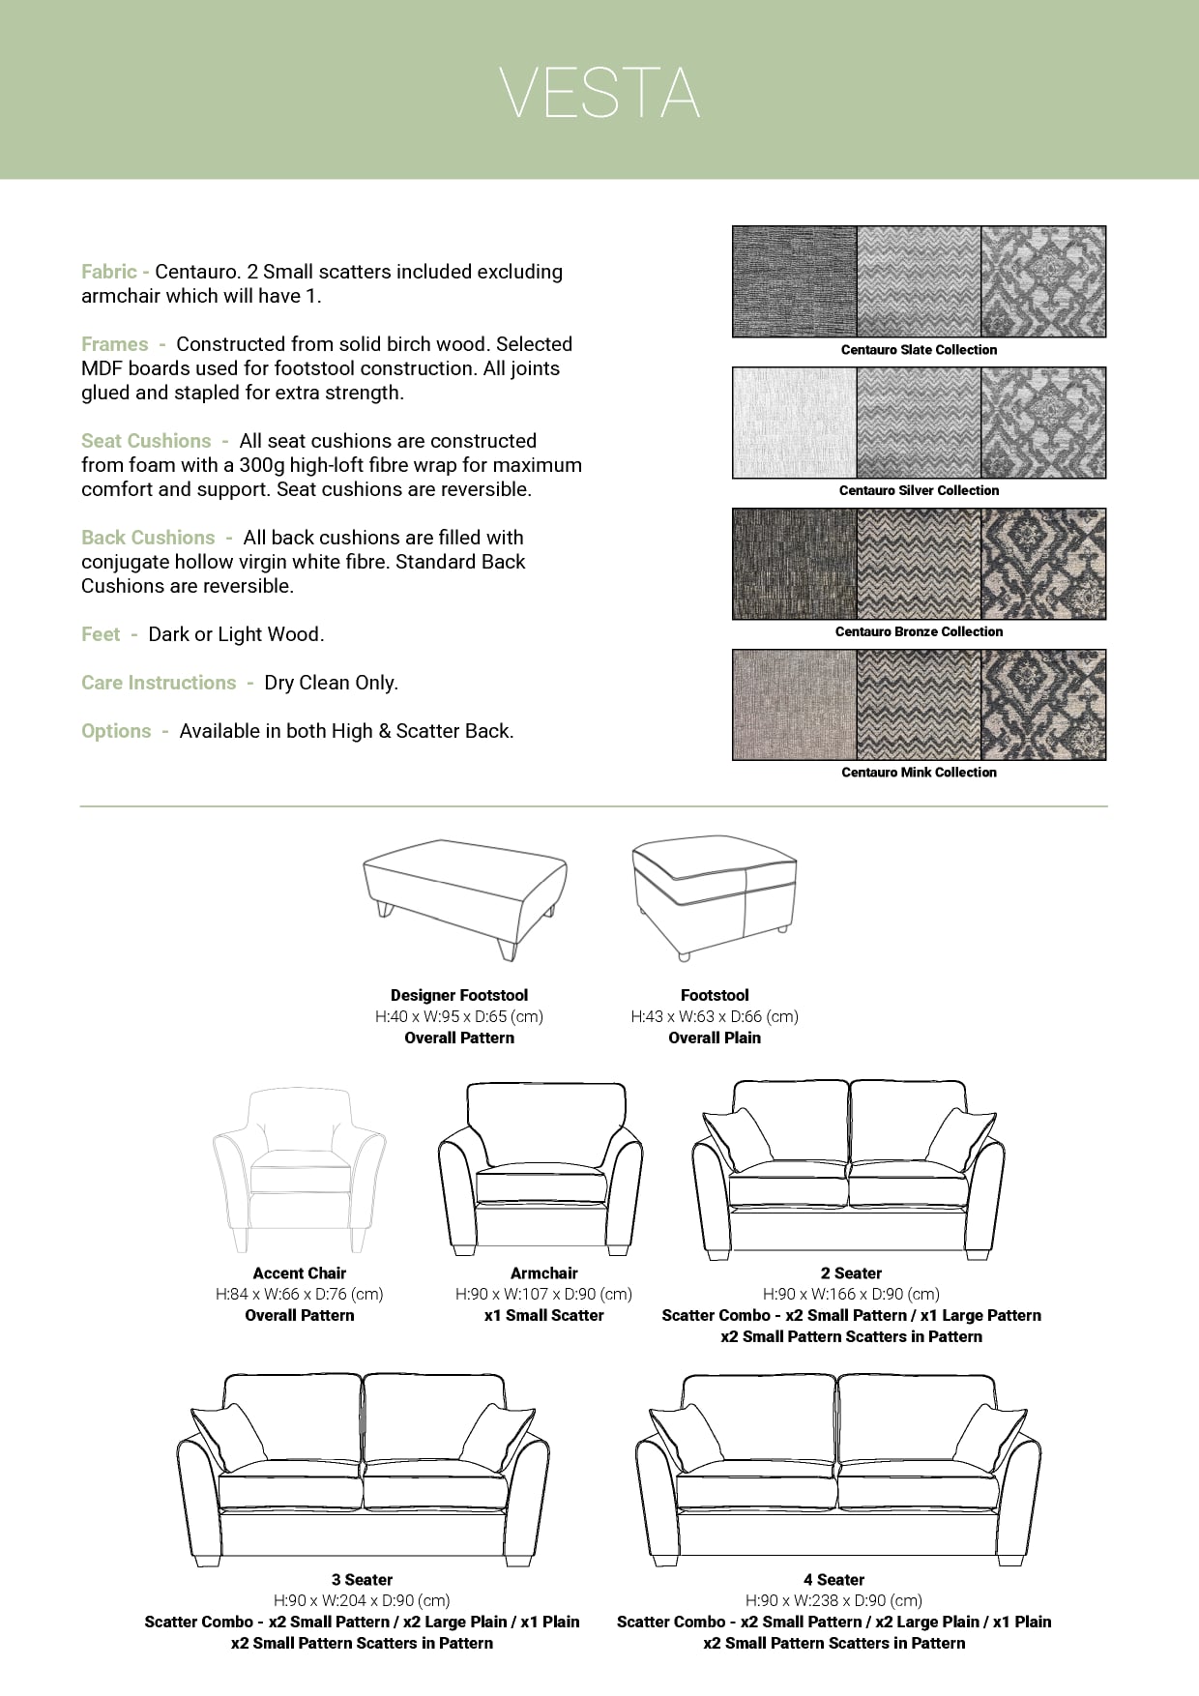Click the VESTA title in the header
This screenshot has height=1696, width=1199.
599,93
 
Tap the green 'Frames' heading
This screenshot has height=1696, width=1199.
115,344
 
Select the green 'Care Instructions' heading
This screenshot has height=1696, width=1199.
159,683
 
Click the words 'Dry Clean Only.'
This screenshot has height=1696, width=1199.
331,683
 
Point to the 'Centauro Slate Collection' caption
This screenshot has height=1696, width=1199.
919,350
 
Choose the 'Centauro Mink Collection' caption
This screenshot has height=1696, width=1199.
919,773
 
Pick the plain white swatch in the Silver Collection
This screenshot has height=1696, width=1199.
795,423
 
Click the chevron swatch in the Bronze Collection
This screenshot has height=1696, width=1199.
919,564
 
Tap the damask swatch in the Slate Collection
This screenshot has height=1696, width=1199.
1043,281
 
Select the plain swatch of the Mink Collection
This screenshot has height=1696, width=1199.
795,705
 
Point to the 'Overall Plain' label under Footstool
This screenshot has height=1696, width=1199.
715,1038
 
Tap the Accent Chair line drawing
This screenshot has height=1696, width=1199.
299,1170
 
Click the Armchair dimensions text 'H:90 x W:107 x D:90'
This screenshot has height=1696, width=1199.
543,1294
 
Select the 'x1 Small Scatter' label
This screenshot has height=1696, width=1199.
543,1315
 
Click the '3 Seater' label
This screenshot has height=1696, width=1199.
362,1580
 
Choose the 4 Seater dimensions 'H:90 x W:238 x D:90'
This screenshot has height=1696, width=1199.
833,1600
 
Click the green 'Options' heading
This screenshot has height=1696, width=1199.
116,731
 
